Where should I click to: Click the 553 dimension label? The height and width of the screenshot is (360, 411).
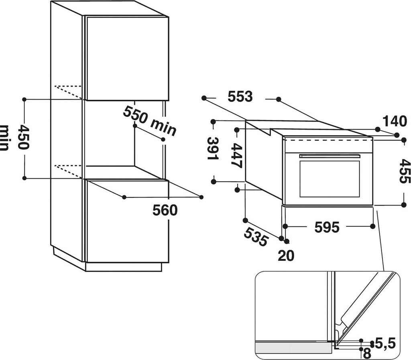(x=240, y=96)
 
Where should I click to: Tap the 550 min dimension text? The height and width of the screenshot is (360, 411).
(x=150, y=120)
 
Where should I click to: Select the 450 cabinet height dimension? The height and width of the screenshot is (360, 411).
(x=23, y=137)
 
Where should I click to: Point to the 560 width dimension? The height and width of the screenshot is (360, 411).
(x=165, y=210)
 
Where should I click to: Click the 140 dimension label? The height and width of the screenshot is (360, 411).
(x=395, y=121)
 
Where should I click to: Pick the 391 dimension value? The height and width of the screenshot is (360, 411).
(x=213, y=149)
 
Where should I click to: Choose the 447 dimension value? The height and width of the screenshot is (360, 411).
(x=236, y=156)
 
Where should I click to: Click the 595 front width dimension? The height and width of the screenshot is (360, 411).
(x=327, y=227)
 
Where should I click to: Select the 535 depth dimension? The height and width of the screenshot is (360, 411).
(x=256, y=237)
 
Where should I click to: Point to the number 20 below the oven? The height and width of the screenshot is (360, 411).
(x=286, y=256)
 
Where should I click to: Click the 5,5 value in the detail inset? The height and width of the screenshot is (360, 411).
(x=385, y=344)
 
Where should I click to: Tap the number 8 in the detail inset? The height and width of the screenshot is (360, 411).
(x=367, y=354)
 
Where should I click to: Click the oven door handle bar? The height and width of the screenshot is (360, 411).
(x=330, y=156)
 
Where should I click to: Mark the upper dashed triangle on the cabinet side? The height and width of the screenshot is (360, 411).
(x=68, y=92)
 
